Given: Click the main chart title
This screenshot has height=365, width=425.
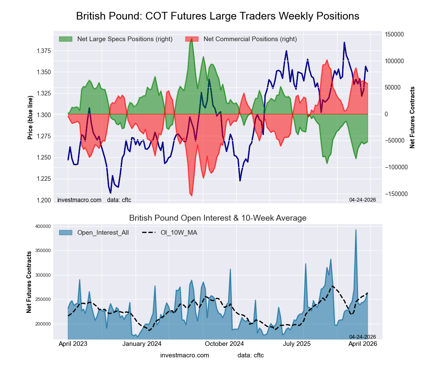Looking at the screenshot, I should point(218,16).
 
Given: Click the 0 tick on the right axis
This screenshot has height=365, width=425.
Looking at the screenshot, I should point(386,114).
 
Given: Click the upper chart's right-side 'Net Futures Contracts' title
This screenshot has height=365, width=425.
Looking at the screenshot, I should point(412,117).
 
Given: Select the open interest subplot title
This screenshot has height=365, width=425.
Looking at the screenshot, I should point(218,218).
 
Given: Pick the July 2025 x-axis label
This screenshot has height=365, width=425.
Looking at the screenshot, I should point(303,344).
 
